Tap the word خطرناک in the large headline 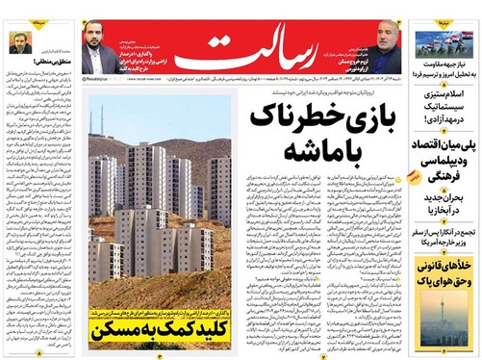coord(323,116)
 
